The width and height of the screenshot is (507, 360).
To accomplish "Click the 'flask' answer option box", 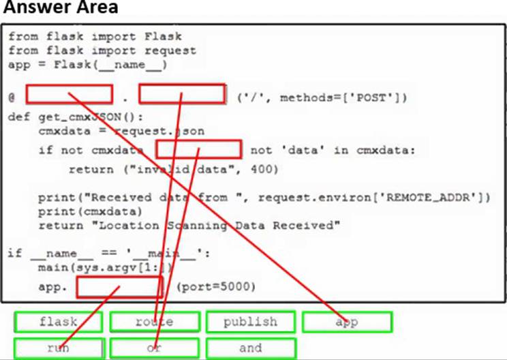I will (x=58, y=321).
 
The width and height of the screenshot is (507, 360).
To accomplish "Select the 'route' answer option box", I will (x=154, y=321).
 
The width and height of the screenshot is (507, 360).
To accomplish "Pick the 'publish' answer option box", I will (x=250, y=321).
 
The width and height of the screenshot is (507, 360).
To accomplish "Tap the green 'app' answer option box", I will (x=347, y=321).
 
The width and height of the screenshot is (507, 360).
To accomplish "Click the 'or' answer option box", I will (x=154, y=348).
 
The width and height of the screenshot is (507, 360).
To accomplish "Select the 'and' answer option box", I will (x=250, y=348).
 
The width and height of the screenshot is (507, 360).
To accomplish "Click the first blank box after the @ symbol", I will (x=69, y=95).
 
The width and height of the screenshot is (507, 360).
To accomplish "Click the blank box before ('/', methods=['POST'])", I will (x=182, y=95).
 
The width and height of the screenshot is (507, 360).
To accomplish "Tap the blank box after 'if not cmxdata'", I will (x=198, y=150).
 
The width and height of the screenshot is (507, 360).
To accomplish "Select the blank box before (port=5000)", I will (x=119, y=287).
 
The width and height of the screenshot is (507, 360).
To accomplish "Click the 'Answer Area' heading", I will (x=60, y=9).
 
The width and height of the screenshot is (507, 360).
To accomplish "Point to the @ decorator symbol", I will (x=12, y=97).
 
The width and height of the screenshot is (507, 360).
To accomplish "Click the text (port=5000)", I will (x=215, y=287).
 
